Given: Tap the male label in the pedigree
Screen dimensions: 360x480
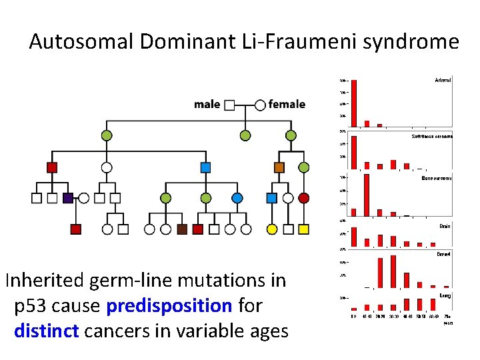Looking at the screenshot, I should click(207, 104).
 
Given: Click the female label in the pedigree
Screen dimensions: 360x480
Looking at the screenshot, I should click(287, 104).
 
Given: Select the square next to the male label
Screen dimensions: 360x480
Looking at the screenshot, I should click(229, 105).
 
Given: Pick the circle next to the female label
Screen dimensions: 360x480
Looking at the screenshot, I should click(260, 105).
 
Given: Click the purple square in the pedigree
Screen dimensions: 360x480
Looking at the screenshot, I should click(67, 198).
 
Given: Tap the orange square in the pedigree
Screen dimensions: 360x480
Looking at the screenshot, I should click(279, 167).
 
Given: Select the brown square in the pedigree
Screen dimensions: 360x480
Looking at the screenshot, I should click(182, 229).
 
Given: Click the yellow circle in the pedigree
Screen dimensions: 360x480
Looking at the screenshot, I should click(272, 229).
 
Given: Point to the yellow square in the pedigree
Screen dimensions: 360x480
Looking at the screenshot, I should click(304, 229).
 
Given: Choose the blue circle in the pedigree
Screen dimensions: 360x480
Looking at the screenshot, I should click(237, 198).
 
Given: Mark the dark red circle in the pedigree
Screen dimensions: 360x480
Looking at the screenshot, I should click(304, 198).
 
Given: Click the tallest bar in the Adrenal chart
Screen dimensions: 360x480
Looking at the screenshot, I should click(354, 103).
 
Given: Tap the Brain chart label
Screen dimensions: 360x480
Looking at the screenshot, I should click(445, 226).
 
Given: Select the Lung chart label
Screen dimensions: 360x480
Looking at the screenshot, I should click(445, 294).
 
